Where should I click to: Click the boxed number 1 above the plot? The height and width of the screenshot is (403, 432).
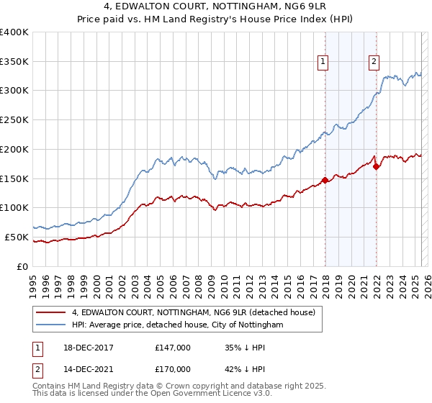(324, 63)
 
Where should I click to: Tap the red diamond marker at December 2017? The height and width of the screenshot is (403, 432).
(325, 180)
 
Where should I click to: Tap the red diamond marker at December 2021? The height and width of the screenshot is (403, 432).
(376, 166)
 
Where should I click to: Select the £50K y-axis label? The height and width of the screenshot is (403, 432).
(17, 237)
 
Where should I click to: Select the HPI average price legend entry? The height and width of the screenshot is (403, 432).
(177, 325)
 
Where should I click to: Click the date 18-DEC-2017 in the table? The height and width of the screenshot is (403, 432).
(89, 348)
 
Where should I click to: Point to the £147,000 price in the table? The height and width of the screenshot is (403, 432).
(173, 348)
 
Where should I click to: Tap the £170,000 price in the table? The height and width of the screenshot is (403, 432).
(173, 369)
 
